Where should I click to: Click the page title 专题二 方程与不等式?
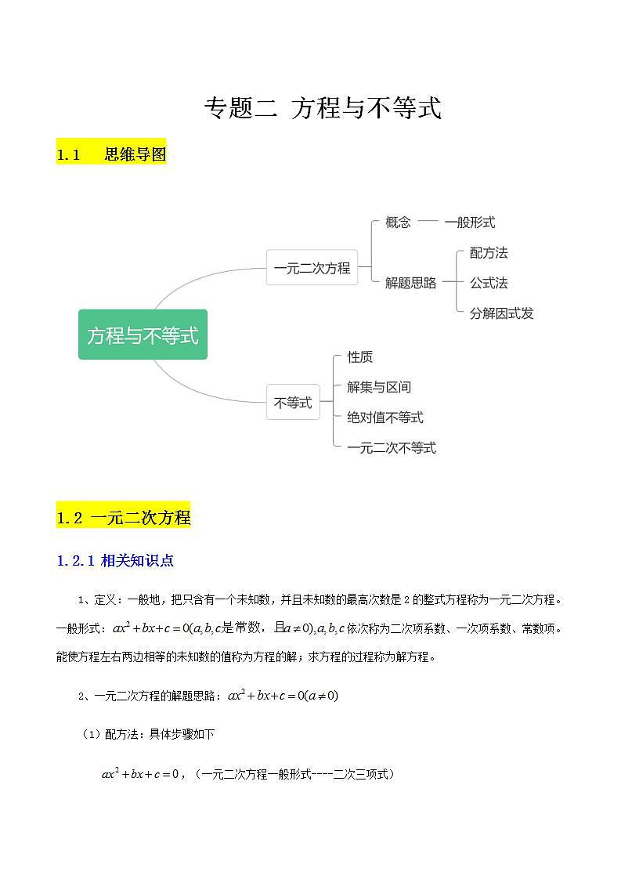(x=323, y=108)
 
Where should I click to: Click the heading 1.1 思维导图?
(x=111, y=154)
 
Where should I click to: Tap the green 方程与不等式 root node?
(x=143, y=335)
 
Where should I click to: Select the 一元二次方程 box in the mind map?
(x=312, y=268)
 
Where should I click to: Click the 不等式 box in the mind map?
(x=293, y=403)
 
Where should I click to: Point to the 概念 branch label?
(x=398, y=222)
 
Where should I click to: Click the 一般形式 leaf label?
(x=470, y=222)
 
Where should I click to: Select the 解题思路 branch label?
(x=410, y=283)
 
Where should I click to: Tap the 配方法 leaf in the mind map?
(x=489, y=252)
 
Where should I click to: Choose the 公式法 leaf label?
(x=489, y=283)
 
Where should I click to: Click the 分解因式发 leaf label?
(x=501, y=313)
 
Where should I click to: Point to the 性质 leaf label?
(x=360, y=356)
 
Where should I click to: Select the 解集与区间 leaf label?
(x=379, y=387)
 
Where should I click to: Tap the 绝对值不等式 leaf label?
(x=385, y=418)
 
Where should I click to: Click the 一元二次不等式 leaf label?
(x=392, y=448)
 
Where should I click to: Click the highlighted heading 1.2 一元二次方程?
(x=124, y=518)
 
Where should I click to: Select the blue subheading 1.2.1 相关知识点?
(x=115, y=560)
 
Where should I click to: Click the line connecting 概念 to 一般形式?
(x=428, y=222)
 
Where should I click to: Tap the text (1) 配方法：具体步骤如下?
(x=148, y=734)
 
